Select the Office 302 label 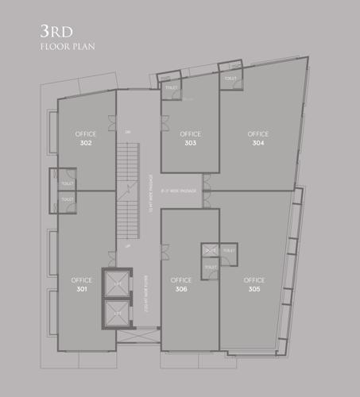pyautogui.click(x=86, y=138)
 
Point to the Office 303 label pyautogui.click(x=190, y=138)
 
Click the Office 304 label pyautogui.click(x=257, y=138)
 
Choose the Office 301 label pyautogui.click(x=81, y=284)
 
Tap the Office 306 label pyautogui.click(x=180, y=284)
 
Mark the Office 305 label pyautogui.click(x=254, y=284)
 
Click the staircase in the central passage pyautogui.click(x=128, y=191)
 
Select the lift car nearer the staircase pyautogui.click(x=116, y=283)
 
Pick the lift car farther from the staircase pyautogui.click(x=116, y=310)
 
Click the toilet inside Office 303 pyautogui.click(x=170, y=88)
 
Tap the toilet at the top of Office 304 pyautogui.click(x=230, y=79)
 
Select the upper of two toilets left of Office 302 pyautogui.click(x=66, y=182)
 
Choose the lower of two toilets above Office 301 pyautogui.click(x=66, y=200)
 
